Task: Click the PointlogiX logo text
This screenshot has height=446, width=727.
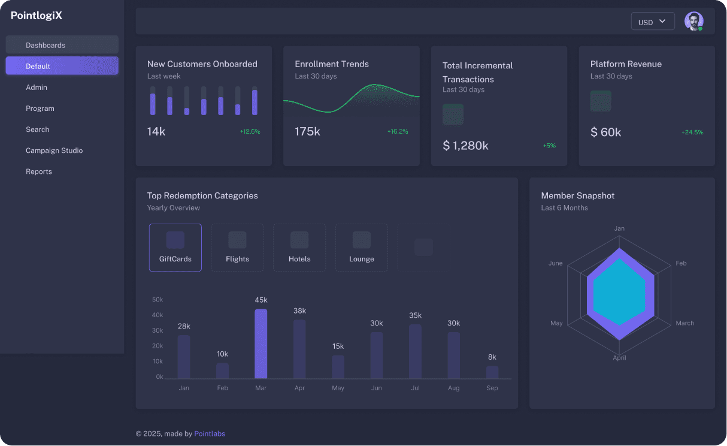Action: click(37, 15)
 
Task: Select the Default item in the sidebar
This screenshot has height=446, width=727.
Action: click(62, 65)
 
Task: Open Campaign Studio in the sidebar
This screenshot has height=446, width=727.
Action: click(54, 150)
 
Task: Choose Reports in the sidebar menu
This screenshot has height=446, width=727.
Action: click(38, 171)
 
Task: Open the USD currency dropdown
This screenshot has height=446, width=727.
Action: click(653, 22)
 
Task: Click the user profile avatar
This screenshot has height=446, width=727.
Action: click(694, 21)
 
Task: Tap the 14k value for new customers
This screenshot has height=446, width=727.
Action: click(156, 131)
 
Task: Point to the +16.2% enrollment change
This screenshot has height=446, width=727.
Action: click(398, 131)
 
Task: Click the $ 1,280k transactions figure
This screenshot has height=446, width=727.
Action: click(465, 146)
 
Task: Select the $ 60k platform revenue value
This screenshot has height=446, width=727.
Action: click(605, 132)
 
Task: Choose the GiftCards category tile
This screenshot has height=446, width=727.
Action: click(175, 248)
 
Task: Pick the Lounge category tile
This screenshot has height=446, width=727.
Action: click(362, 248)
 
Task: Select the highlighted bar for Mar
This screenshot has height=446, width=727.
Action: click(261, 343)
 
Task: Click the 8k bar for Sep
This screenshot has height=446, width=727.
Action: click(492, 372)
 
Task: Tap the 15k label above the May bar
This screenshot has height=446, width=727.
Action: click(338, 346)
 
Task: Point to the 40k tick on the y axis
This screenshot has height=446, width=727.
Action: click(157, 315)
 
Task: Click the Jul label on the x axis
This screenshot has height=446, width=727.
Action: click(415, 388)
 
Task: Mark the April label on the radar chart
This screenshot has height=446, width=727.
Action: click(619, 358)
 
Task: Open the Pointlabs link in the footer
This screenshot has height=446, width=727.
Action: click(210, 433)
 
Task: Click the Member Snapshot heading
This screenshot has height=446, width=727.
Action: click(578, 195)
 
